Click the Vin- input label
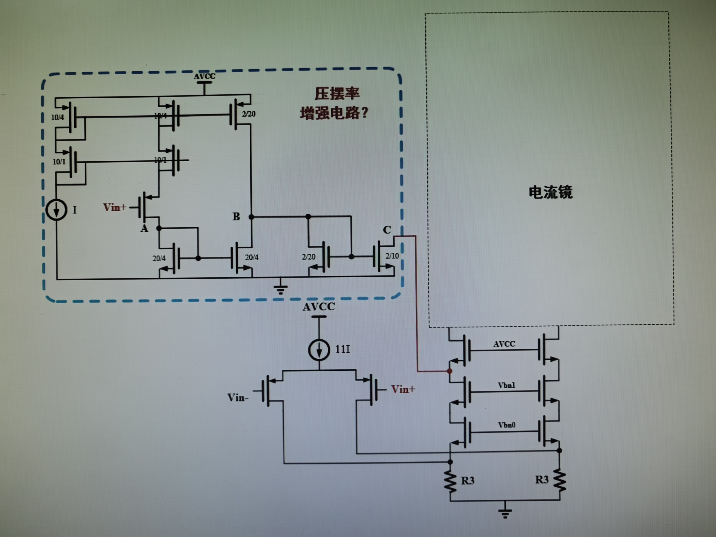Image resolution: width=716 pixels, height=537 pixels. (238, 398)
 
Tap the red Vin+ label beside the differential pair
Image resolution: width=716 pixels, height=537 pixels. (403, 389)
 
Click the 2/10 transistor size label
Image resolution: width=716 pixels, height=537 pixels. (392, 256)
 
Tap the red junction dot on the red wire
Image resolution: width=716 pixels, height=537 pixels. (450, 371)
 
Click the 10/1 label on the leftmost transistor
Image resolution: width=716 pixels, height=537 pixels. (59, 162)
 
